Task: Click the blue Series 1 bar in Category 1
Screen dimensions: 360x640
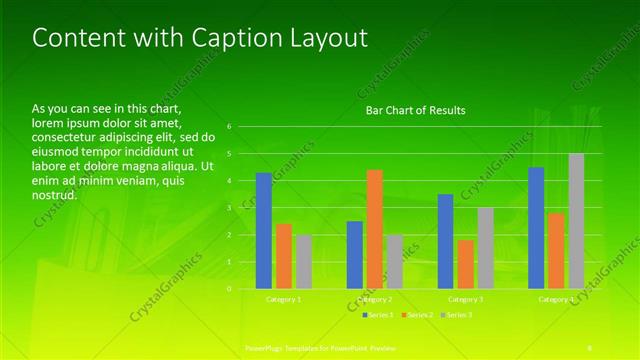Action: point(263,230)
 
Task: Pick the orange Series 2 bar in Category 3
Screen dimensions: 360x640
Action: point(465,264)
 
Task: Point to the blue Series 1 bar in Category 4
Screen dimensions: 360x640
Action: point(536,227)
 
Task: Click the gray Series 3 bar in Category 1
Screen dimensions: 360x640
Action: point(303,261)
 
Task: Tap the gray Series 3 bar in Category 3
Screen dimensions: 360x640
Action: point(485,247)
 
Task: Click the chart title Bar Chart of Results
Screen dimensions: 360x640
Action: point(414,110)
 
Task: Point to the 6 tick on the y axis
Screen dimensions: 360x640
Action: point(229,127)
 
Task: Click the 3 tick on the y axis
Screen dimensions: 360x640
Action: point(229,208)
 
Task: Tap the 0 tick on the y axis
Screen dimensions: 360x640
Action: point(229,289)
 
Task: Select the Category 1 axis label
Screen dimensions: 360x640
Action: point(283,299)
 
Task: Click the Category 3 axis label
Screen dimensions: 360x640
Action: point(465,299)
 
